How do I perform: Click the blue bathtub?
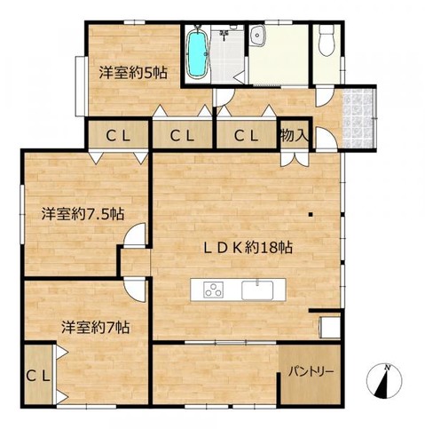pyautogui.click(x=197, y=54)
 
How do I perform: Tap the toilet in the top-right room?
pyautogui.click(x=327, y=40)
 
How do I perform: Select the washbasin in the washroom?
pyautogui.click(x=257, y=36)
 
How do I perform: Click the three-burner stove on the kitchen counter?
pyautogui.click(x=213, y=290)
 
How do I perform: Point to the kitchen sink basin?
pyautogui.click(x=257, y=290)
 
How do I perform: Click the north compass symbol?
pyautogui.click(x=384, y=381)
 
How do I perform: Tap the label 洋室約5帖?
pyautogui.click(x=133, y=73)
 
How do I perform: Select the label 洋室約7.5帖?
pyautogui.click(x=83, y=214)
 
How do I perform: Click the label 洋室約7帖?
pyautogui.click(x=96, y=328)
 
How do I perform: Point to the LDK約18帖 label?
pyautogui.click(x=248, y=248)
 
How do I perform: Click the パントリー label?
pyautogui.click(x=311, y=371)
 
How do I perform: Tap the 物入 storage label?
pyautogui.click(x=295, y=136)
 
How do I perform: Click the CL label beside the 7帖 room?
pyautogui.click(x=38, y=377)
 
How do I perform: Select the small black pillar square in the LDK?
pyautogui.click(x=311, y=215)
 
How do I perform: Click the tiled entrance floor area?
pyautogui.click(x=358, y=118)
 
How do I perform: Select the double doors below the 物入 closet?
pyautogui.click(x=295, y=158)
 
